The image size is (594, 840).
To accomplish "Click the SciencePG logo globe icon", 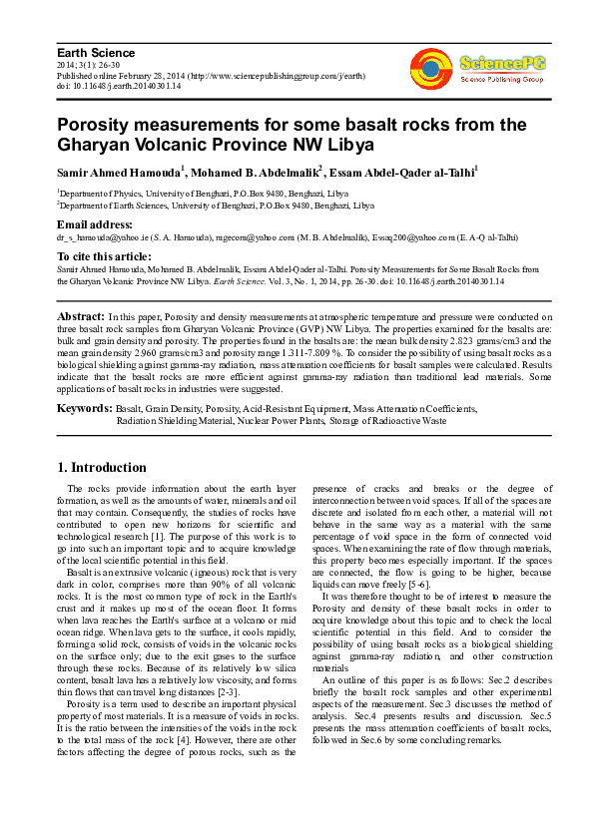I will [432, 69].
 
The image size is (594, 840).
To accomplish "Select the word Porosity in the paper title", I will [97, 126].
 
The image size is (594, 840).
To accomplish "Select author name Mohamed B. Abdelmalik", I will [256, 173].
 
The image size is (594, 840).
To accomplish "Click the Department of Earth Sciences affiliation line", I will [216, 206].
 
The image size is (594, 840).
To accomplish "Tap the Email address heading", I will [95, 224].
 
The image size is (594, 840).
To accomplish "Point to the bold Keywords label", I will [84, 409].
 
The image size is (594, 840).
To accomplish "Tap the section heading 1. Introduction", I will [102, 468].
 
